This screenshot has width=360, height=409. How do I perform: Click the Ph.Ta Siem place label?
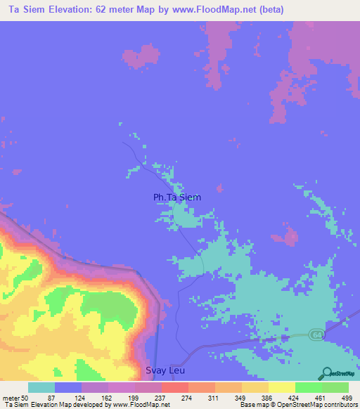[x=177, y=197]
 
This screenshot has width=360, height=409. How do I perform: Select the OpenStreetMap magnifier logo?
[x=328, y=372]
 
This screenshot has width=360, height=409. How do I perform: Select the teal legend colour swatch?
[x=41, y=388]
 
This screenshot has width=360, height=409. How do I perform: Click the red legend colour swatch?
[x=174, y=388]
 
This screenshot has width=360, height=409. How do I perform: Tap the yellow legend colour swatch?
[x=281, y=388]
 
